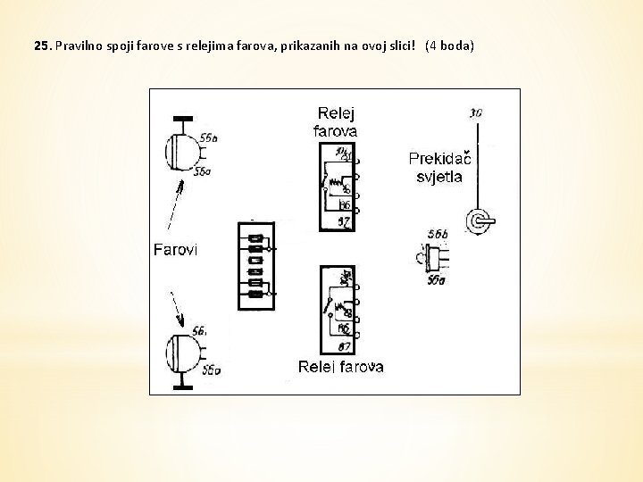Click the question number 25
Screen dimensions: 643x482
point(42,45)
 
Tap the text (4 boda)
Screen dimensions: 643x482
point(449,45)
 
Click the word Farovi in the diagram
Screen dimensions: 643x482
point(175,250)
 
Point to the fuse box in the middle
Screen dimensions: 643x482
point(255,265)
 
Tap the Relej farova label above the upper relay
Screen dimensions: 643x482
point(337,122)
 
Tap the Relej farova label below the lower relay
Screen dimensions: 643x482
point(340,367)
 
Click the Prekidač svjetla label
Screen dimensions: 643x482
point(439,167)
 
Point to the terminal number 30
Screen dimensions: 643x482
point(476,113)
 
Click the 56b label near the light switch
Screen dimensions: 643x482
point(437,235)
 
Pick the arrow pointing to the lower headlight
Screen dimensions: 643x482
point(178,307)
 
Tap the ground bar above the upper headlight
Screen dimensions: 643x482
point(182,119)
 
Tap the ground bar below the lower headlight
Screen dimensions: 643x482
point(182,386)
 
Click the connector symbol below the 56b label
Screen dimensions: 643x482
point(437,259)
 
